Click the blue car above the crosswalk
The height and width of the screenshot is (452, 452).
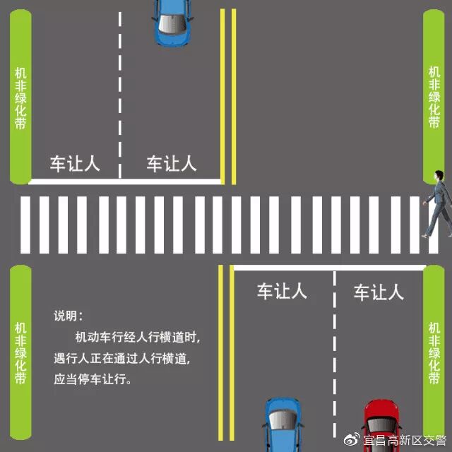tap(172, 21)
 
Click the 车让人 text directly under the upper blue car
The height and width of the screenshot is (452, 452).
tap(172, 164)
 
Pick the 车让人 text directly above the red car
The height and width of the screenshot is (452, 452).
tap(379, 291)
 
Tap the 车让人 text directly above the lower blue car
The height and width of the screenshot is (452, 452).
tap(281, 291)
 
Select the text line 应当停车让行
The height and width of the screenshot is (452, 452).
tap(93, 379)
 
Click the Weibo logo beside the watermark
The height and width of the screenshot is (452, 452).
tap(353, 441)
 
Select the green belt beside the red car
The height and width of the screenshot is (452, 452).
tap(434, 353)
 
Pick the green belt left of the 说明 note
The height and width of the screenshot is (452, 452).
tap(20, 353)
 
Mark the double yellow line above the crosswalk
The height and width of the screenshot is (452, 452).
tap(227, 92)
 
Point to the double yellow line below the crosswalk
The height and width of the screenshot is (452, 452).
tap(225, 353)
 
